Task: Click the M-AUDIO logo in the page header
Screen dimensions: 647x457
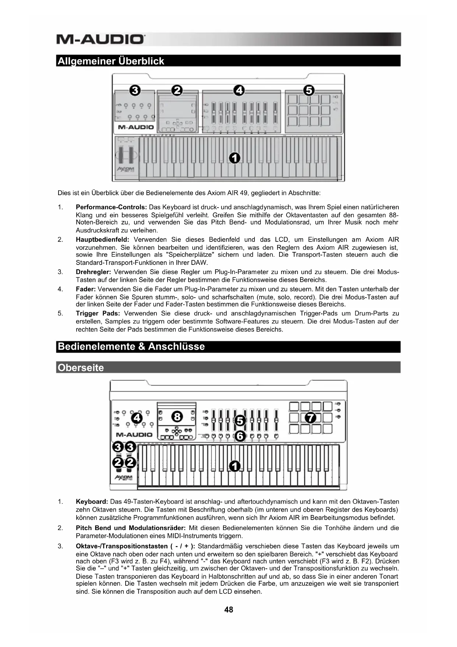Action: tap(101, 39)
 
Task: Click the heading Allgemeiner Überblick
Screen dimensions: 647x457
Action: tap(111, 61)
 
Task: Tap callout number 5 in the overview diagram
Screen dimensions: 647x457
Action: tap(309, 90)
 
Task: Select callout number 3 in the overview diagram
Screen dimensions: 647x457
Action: tap(135, 90)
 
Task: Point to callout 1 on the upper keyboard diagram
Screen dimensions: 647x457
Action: tap(235, 158)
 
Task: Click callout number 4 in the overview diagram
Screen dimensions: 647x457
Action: tap(239, 90)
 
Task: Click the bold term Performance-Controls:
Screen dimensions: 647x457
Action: tap(111, 207)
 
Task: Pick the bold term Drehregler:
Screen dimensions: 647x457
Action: tap(93, 272)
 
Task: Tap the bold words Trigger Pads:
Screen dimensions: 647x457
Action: tap(98, 314)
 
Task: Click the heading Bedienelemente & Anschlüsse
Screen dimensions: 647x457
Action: tap(131, 346)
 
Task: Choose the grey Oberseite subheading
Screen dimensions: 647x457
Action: tap(81, 367)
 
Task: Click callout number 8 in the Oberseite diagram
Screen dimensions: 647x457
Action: tap(177, 417)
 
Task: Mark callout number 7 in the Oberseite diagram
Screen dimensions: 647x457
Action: tap(310, 418)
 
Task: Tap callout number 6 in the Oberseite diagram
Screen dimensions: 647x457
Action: tap(240, 436)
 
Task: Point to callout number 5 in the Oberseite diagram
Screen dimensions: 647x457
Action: tap(240, 421)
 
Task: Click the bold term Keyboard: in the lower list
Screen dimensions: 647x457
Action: tap(92, 502)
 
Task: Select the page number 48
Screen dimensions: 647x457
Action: tap(229, 610)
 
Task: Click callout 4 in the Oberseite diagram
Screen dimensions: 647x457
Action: tap(137, 418)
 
